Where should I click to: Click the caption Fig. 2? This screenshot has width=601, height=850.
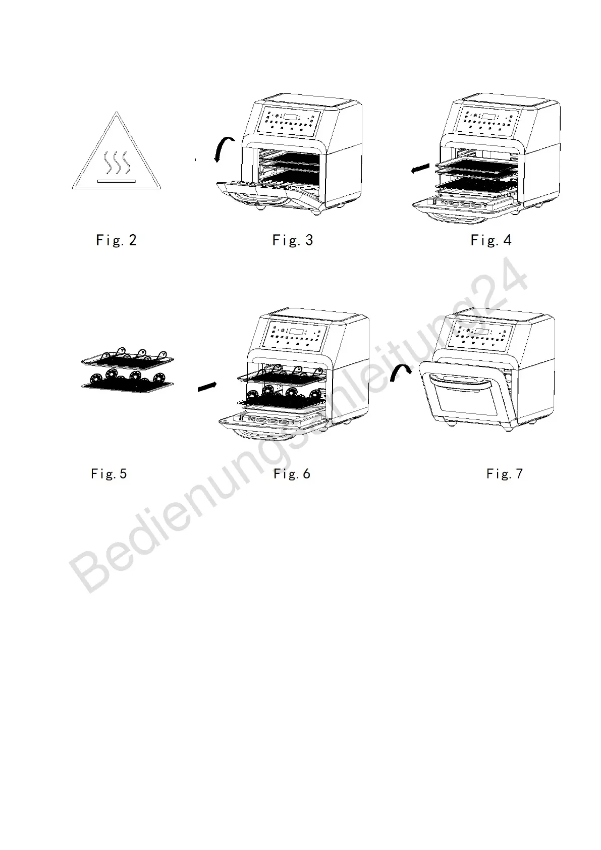click(x=116, y=240)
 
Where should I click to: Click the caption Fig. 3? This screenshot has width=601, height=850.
click(x=293, y=240)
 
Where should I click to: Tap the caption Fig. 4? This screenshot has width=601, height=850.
click(x=491, y=240)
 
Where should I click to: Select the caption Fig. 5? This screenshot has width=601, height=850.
click(x=109, y=474)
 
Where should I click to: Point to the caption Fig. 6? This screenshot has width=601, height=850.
click(x=292, y=474)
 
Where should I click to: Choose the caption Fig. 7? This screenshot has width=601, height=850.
click(x=505, y=474)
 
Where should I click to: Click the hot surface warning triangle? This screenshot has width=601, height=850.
click(x=116, y=156)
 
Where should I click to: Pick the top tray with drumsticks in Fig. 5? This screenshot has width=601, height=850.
click(x=127, y=358)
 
